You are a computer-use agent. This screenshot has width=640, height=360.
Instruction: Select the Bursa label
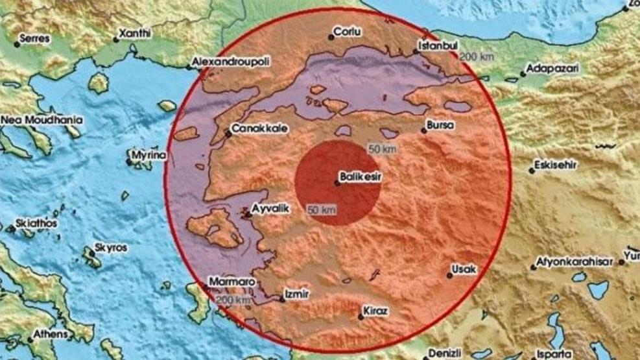coord(441,125)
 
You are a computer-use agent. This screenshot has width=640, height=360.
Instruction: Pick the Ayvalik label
coord(270,208)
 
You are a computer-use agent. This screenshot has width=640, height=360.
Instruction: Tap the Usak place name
coord(464,269)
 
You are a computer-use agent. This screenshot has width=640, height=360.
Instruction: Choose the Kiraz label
coord(376,311)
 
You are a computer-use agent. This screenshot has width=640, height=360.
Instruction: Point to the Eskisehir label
coord(556,166)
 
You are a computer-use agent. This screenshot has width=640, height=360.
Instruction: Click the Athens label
coord(51,334)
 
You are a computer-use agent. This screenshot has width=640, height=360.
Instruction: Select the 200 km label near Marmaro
coord(234,300)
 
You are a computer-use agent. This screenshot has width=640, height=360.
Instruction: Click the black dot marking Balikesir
coord(337,183)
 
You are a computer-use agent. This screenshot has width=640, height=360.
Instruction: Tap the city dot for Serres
coord(16,45)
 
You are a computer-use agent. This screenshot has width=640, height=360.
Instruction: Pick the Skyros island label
coord(111,247)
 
